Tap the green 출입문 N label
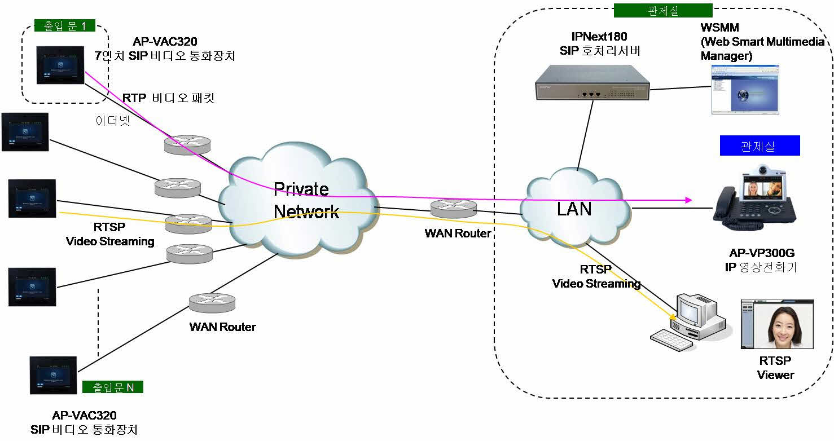tap(113, 387)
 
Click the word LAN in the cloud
tap(574, 209)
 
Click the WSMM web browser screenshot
tap(744, 89)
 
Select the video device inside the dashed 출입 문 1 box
tap(60, 64)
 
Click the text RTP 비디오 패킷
tap(168, 98)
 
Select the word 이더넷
tap(113, 120)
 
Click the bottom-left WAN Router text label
tap(222, 327)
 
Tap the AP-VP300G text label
tap(761, 254)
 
